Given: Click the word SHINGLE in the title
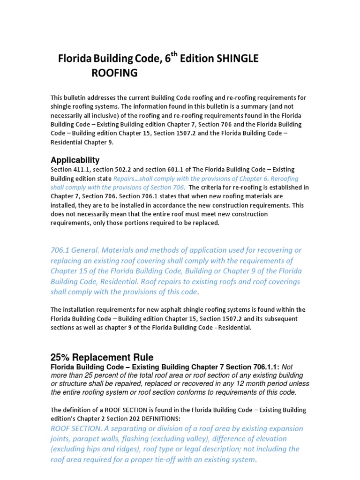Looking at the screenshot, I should (237, 59).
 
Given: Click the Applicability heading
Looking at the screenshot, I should (75, 160).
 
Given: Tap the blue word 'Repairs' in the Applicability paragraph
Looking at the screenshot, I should (125, 179).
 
